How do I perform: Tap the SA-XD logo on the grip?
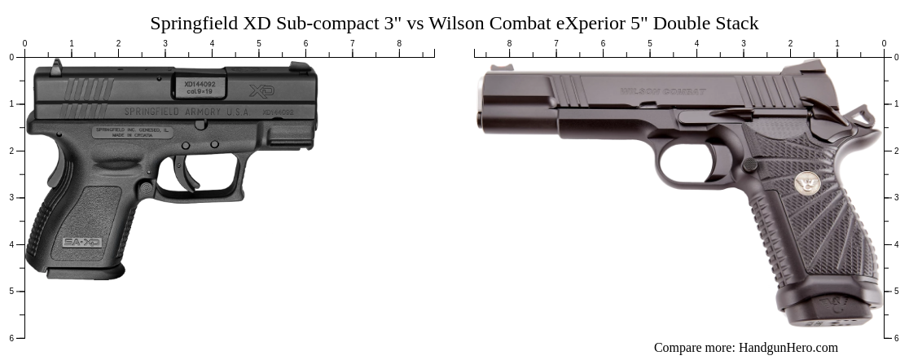[81, 242]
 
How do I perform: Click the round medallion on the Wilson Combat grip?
[807, 184]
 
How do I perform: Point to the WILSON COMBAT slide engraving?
[663, 91]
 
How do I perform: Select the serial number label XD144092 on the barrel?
[199, 84]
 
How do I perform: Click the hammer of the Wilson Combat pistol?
[863, 113]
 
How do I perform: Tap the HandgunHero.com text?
[788, 348]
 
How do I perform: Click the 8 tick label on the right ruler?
[509, 44]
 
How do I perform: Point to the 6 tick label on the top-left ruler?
[306, 44]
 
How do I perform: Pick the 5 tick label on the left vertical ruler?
[11, 291]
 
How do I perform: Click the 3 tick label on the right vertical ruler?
[900, 197]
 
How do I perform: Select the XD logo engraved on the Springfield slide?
[262, 90]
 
